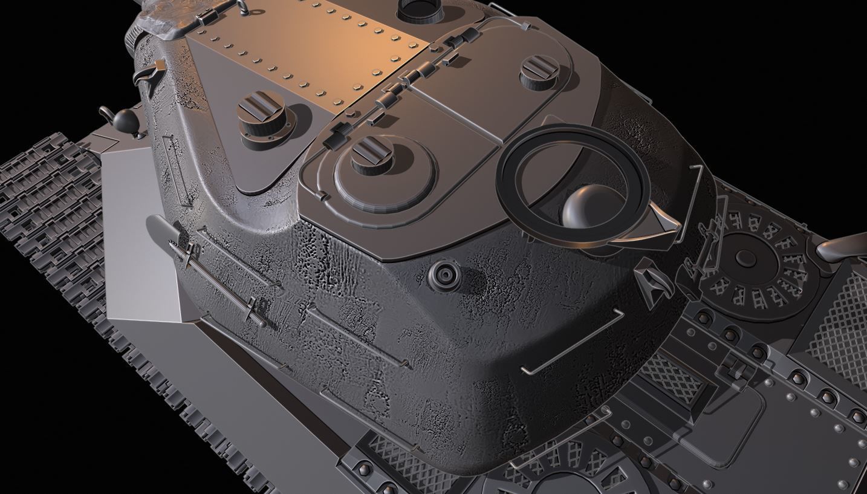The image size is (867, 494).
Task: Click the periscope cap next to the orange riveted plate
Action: coord(261,112)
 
